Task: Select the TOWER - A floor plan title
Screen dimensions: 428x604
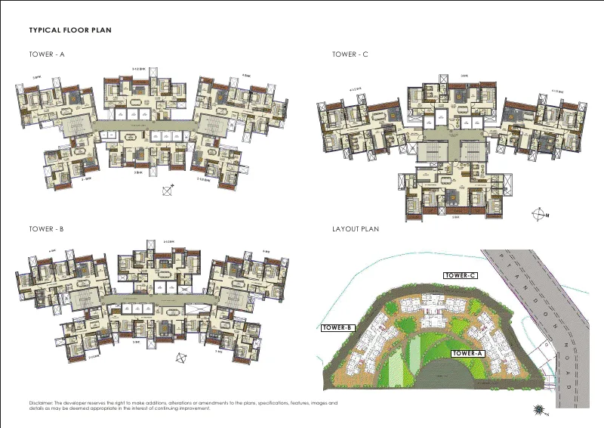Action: point(47,54)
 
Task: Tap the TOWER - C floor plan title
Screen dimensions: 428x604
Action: point(350,54)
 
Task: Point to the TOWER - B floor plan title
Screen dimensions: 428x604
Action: point(47,228)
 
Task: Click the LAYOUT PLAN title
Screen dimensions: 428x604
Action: point(355,228)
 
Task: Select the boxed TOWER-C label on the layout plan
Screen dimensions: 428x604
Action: point(460,275)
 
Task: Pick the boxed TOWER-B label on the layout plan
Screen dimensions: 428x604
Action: point(337,328)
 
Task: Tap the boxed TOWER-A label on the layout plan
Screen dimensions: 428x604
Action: point(469,353)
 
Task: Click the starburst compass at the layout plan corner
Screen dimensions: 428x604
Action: point(539,409)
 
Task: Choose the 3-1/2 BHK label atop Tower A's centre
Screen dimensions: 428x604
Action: point(140,69)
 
